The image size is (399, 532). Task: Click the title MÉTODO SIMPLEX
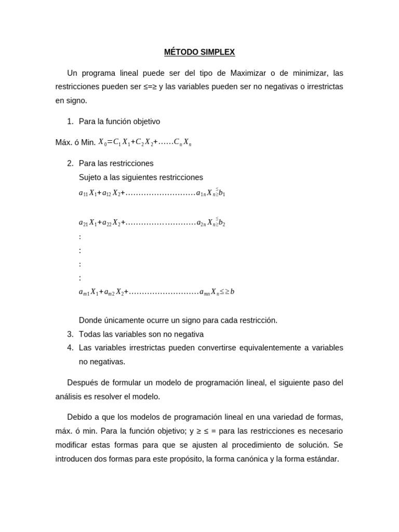coord(199,52)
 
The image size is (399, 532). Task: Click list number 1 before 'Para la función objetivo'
coord(70,122)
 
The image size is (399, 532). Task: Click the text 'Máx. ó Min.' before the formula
coord(75,142)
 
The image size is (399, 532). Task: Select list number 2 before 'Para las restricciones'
coord(70,163)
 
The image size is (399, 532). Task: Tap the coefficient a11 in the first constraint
coord(83,193)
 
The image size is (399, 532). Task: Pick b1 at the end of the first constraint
coord(222,193)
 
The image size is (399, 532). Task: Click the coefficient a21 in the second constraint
coord(83,223)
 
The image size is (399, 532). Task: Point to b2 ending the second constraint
coord(222,223)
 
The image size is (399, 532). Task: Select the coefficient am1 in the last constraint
coord(84,292)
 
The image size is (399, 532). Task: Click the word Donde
coord(90,320)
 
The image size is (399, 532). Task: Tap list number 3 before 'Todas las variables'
coord(70,334)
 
